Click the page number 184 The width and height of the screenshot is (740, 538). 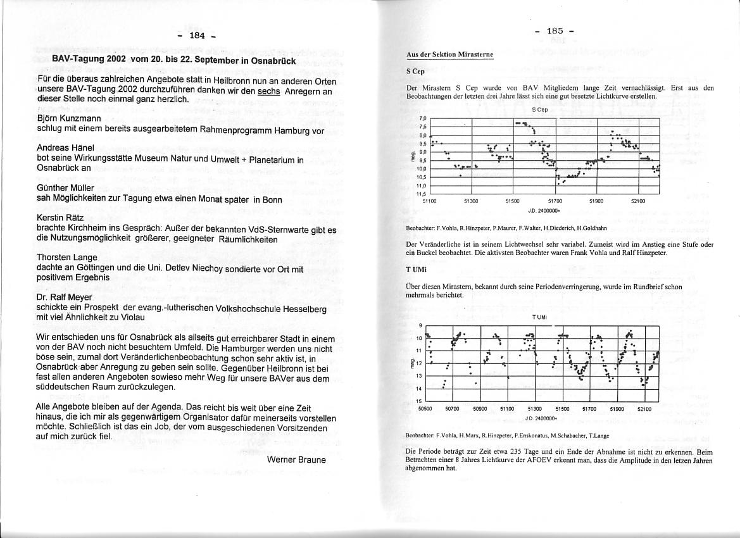pos(197,35)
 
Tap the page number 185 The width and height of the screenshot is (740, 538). pos(555,30)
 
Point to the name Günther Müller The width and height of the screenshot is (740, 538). pos(65,188)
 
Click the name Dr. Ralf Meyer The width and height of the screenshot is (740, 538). pos(65,297)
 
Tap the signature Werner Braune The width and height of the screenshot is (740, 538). pos(296,460)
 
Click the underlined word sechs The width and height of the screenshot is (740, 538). pos(268,91)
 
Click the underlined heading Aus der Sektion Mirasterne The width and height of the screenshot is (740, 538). pos(449,55)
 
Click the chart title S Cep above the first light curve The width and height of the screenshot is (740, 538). pos(539,109)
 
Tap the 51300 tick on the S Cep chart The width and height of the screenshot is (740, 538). pos(471,201)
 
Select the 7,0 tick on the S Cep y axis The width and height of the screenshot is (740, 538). pos(423,118)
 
